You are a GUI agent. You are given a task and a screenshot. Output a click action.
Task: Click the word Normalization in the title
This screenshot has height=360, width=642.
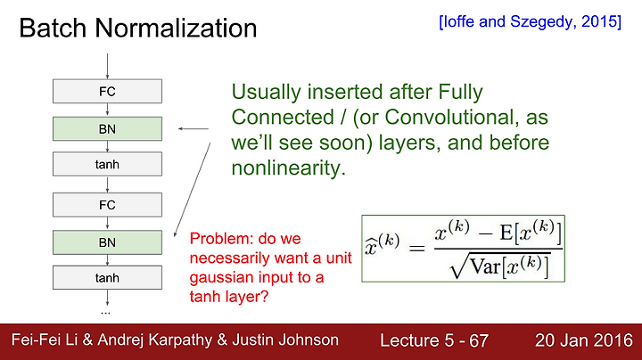click(176, 29)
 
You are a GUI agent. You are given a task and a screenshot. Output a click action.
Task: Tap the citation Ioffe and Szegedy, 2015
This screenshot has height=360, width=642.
click(531, 21)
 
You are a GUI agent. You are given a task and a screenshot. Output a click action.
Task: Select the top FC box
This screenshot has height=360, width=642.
click(107, 91)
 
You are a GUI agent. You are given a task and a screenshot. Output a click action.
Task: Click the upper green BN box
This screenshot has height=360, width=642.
click(107, 129)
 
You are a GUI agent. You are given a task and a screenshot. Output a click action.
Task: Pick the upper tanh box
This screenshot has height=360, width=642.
click(107, 164)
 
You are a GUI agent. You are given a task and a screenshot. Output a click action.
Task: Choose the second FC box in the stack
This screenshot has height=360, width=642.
click(107, 205)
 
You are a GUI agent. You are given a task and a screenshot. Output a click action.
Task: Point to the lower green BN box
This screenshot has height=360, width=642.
click(107, 242)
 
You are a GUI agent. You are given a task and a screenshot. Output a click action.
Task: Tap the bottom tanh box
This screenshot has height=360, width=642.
click(107, 278)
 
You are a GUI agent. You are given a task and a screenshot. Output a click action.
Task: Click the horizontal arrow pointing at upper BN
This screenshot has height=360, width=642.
click(193, 129)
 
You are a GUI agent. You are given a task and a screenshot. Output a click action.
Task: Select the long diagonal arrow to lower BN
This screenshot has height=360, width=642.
click(192, 190)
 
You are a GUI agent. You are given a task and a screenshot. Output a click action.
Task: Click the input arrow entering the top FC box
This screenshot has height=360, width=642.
click(107, 66)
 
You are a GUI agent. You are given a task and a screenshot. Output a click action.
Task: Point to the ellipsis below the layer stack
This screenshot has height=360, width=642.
click(105, 314)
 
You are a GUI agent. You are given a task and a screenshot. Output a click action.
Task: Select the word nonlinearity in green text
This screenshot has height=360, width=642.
click(288, 168)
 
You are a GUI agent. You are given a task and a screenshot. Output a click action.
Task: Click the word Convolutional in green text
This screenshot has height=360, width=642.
click(449, 117)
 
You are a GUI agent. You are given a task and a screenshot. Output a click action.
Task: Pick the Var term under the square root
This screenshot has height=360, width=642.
click(486, 266)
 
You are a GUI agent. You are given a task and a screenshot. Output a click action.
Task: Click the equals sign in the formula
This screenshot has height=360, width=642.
click(416, 248)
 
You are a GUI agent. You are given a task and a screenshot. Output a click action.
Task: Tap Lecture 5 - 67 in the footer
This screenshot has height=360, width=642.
click(434, 340)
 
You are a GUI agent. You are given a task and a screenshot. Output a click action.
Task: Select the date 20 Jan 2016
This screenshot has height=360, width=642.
click(584, 340)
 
